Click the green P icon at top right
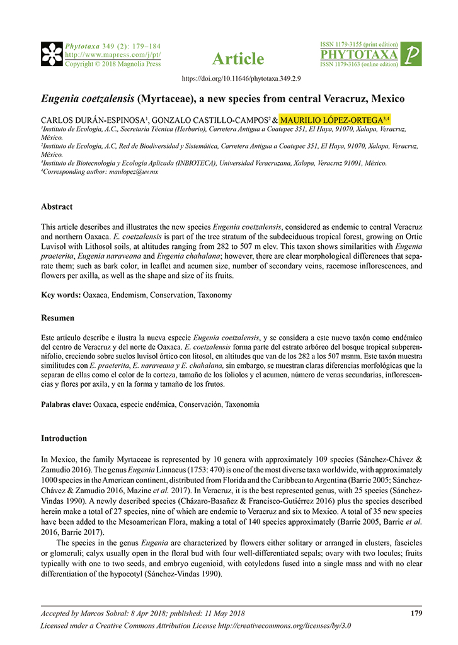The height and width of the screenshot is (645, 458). pos(411,55)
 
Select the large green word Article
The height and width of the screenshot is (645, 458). pos(238,59)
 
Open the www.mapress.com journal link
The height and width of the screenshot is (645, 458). pos(113,55)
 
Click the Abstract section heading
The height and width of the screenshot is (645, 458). pos(57,207)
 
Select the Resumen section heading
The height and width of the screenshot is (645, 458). pos(57,317)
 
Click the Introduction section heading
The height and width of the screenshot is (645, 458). pos(64,438)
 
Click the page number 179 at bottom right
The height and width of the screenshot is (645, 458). pos(416,612)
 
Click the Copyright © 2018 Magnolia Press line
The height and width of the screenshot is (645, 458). pos(113,64)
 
